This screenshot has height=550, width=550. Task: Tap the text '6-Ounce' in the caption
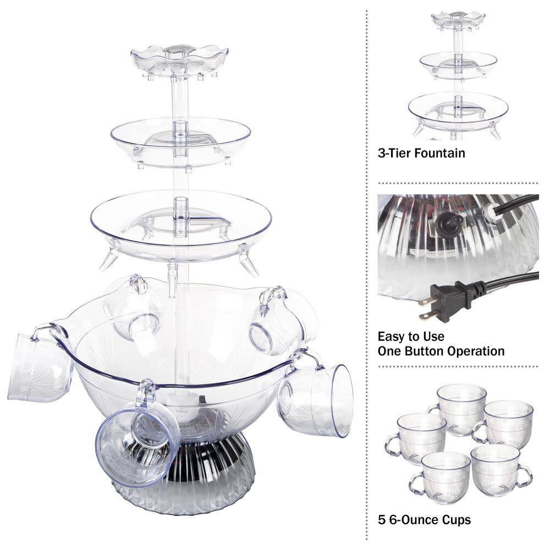[410, 519]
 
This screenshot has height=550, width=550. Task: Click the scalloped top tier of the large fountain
[179, 59]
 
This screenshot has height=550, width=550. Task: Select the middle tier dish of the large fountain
[180, 140]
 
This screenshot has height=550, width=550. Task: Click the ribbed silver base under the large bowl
[182, 479]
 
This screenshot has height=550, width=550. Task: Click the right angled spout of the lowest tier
[249, 265]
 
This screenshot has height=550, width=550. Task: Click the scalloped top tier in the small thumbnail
[458, 21]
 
